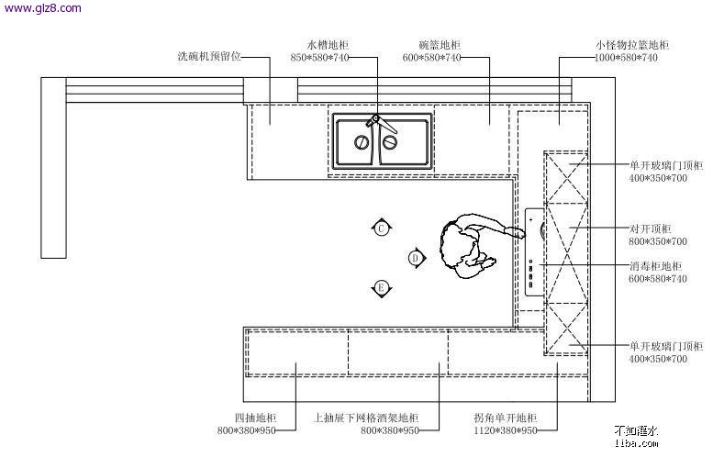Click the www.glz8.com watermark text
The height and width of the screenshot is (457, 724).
point(41,9)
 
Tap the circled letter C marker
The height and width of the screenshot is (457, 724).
point(382,228)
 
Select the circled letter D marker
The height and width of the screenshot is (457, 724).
point(416,258)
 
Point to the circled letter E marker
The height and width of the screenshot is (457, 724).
point(382,288)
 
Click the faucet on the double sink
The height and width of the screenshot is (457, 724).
point(375,119)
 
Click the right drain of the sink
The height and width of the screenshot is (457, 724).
point(390,142)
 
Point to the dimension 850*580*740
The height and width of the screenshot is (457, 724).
point(319,58)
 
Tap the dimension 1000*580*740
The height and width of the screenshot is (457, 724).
point(626,58)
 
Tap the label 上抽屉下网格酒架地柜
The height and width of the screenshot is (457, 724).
point(366,418)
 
